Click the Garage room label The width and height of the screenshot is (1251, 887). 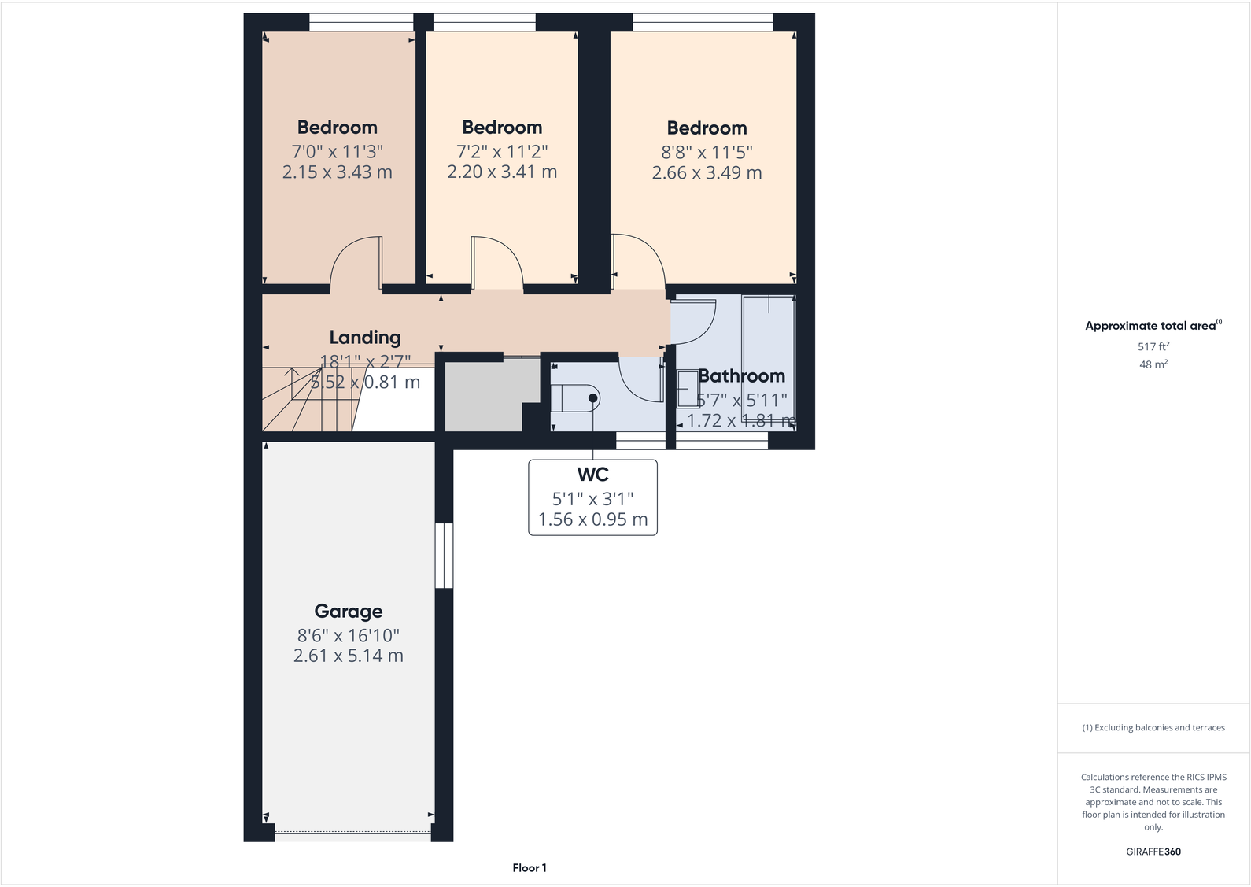pyautogui.click(x=349, y=612)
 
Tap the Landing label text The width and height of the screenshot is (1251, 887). pyautogui.click(x=365, y=338)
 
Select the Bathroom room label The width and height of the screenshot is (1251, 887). pyautogui.click(x=741, y=376)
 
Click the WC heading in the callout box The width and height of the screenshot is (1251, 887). pyautogui.click(x=592, y=475)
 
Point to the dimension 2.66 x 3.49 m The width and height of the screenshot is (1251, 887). pyautogui.click(x=707, y=173)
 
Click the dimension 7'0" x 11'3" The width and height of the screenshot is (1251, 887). pyautogui.click(x=337, y=151)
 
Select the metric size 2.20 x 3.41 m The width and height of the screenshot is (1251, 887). pyautogui.click(x=502, y=172)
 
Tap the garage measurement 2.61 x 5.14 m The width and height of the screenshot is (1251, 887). pyautogui.click(x=349, y=656)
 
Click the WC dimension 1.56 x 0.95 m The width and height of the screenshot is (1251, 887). pyautogui.click(x=592, y=519)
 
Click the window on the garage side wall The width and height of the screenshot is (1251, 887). pyautogui.click(x=445, y=555)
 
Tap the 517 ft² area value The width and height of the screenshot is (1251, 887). pyautogui.click(x=1153, y=346)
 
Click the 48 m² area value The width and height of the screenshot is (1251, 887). pyautogui.click(x=1153, y=364)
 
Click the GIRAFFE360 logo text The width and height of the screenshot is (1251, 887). pyautogui.click(x=1153, y=852)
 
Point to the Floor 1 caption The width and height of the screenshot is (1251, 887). pyautogui.click(x=530, y=868)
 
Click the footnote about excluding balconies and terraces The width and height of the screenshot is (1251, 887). pyautogui.click(x=1153, y=728)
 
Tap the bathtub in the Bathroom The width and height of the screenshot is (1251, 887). pyautogui.click(x=768, y=358)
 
